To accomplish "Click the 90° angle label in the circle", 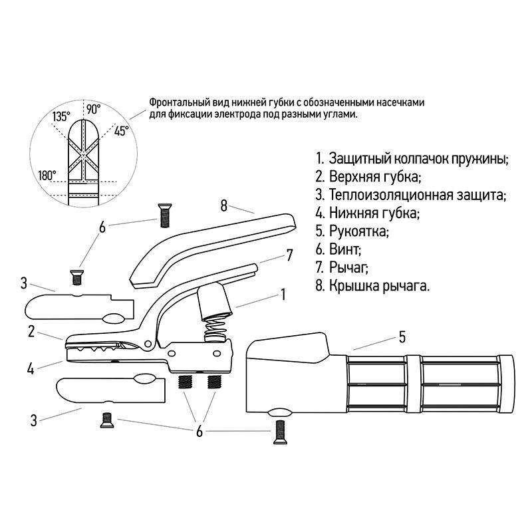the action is pos(93,109).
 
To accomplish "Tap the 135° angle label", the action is pos(61,117).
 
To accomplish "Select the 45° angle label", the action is pos(122,130).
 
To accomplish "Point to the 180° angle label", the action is pos(47,176).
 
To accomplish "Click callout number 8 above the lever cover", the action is pos(223,205).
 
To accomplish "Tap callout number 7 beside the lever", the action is pos(289,255).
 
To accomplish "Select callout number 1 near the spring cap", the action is pos(283,295).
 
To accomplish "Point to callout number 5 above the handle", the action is pos(402,337).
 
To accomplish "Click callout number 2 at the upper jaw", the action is pos(31,331).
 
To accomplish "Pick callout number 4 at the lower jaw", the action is pos(31,368).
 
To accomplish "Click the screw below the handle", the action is pos(280,432).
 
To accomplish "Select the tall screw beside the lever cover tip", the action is pos(164,215).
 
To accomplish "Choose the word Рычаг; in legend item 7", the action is pos(348,267).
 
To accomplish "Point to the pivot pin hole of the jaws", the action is pos(148,344).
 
